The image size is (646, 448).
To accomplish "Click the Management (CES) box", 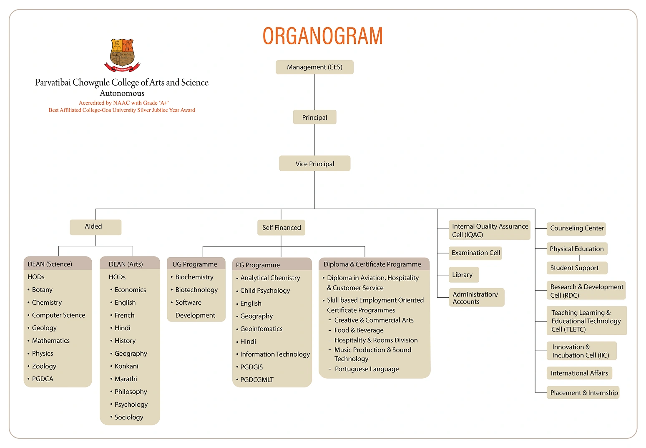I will click(314, 67).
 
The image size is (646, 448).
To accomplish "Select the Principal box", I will click(314, 117).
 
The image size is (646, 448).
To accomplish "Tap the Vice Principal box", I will click(314, 164).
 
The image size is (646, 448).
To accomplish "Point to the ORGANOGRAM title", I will click(322, 36).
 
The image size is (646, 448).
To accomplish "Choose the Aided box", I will click(95, 227).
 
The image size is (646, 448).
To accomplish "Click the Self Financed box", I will click(281, 228).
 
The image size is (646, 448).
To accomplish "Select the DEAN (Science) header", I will click(58, 264).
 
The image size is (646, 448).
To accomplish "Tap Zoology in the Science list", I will click(44, 366).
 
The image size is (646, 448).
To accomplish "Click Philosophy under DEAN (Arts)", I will click(131, 392).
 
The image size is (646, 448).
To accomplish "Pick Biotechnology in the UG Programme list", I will click(196, 290).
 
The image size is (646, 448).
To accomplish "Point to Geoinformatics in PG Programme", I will click(261, 329).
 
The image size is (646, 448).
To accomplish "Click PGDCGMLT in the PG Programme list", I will click(257, 380).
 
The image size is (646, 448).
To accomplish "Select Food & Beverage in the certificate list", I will click(359, 330).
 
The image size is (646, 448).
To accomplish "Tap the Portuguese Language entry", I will click(367, 369).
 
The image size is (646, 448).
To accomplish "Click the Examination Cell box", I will click(475, 253).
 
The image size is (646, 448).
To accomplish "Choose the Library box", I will click(463, 275).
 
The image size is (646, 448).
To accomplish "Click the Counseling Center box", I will click(576, 228).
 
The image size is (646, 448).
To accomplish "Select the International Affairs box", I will click(579, 373).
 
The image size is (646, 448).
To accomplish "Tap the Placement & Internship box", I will click(583, 392).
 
